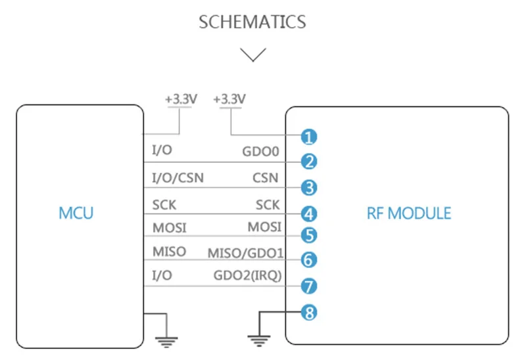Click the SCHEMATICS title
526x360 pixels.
pyautogui.click(x=252, y=22)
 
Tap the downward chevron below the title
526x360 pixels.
pyautogui.click(x=253, y=54)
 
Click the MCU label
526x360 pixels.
pyautogui.click(x=76, y=213)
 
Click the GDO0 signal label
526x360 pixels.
pyautogui.click(x=262, y=152)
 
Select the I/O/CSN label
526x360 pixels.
pyautogui.click(x=178, y=177)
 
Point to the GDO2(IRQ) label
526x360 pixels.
pyautogui.click(x=248, y=276)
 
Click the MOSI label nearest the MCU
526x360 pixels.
pyautogui.click(x=170, y=228)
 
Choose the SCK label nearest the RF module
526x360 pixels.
pyautogui.click(x=268, y=205)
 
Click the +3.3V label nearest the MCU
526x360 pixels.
pyautogui.click(x=181, y=99)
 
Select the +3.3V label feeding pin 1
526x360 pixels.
pyautogui.click(x=229, y=99)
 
